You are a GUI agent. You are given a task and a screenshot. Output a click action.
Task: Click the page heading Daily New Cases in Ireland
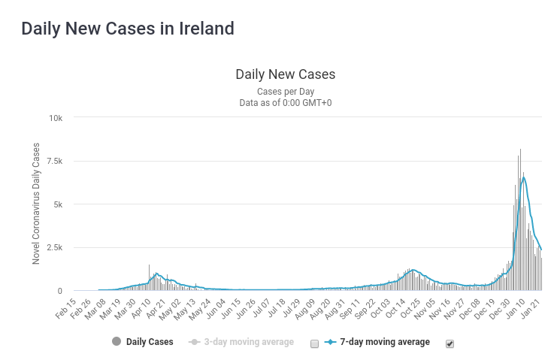(x=128, y=29)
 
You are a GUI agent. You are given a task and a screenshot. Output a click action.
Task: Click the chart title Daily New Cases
(x=285, y=74)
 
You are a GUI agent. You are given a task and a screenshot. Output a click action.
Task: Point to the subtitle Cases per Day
(x=285, y=91)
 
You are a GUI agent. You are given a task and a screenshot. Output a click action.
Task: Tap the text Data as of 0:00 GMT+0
(x=285, y=102)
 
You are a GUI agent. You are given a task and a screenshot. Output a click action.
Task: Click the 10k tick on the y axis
(x=56, y=118)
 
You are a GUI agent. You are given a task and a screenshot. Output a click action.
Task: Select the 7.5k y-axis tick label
(x=54, y=162)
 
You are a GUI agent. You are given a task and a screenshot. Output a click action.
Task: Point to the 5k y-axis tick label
(x=58, y=204)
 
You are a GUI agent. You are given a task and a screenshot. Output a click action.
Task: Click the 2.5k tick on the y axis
(x=54, y=247)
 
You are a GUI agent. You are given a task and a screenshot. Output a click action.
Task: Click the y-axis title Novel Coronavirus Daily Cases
(x=36, y=204)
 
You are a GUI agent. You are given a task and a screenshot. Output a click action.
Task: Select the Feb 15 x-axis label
(x=65, y=308)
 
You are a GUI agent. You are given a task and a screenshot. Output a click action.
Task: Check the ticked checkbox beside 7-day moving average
(x=450, y=343)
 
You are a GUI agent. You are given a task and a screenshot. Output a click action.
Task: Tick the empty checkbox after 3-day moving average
(x=314, y=343)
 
